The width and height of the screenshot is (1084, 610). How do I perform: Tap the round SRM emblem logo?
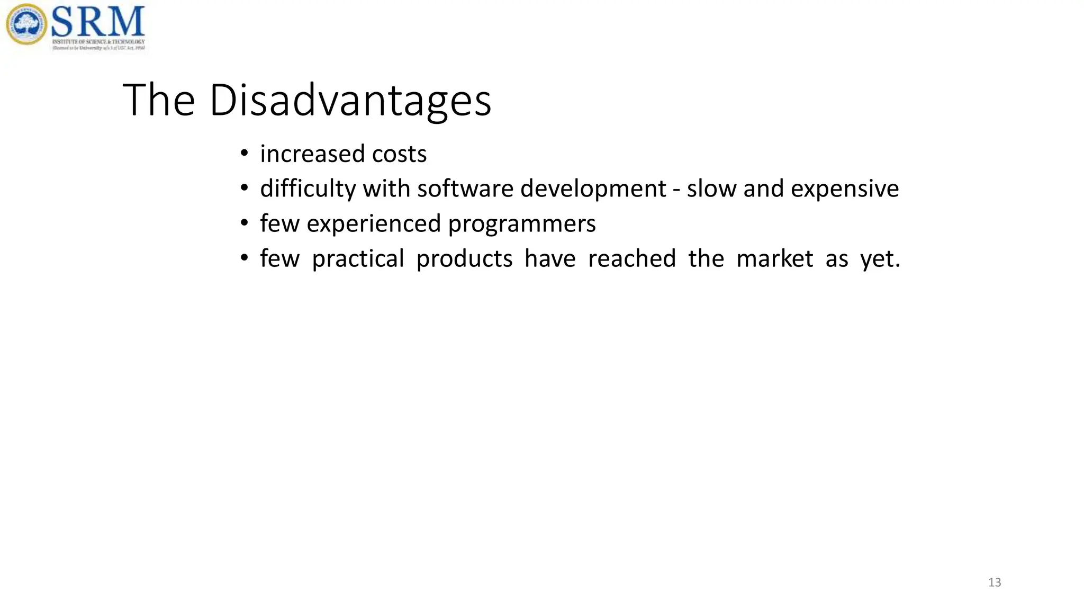tap(26, 24)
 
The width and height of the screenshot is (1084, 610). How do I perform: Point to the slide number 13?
tap(995, 582)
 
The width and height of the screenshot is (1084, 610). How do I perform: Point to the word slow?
tap(711, 189)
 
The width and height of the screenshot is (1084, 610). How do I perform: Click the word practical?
tap(358, 259)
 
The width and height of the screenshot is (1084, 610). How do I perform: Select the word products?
tap(464, 259)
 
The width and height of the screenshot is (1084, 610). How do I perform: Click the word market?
tap(774, 259)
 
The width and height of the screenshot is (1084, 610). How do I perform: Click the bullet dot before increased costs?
tap(244, 154)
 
